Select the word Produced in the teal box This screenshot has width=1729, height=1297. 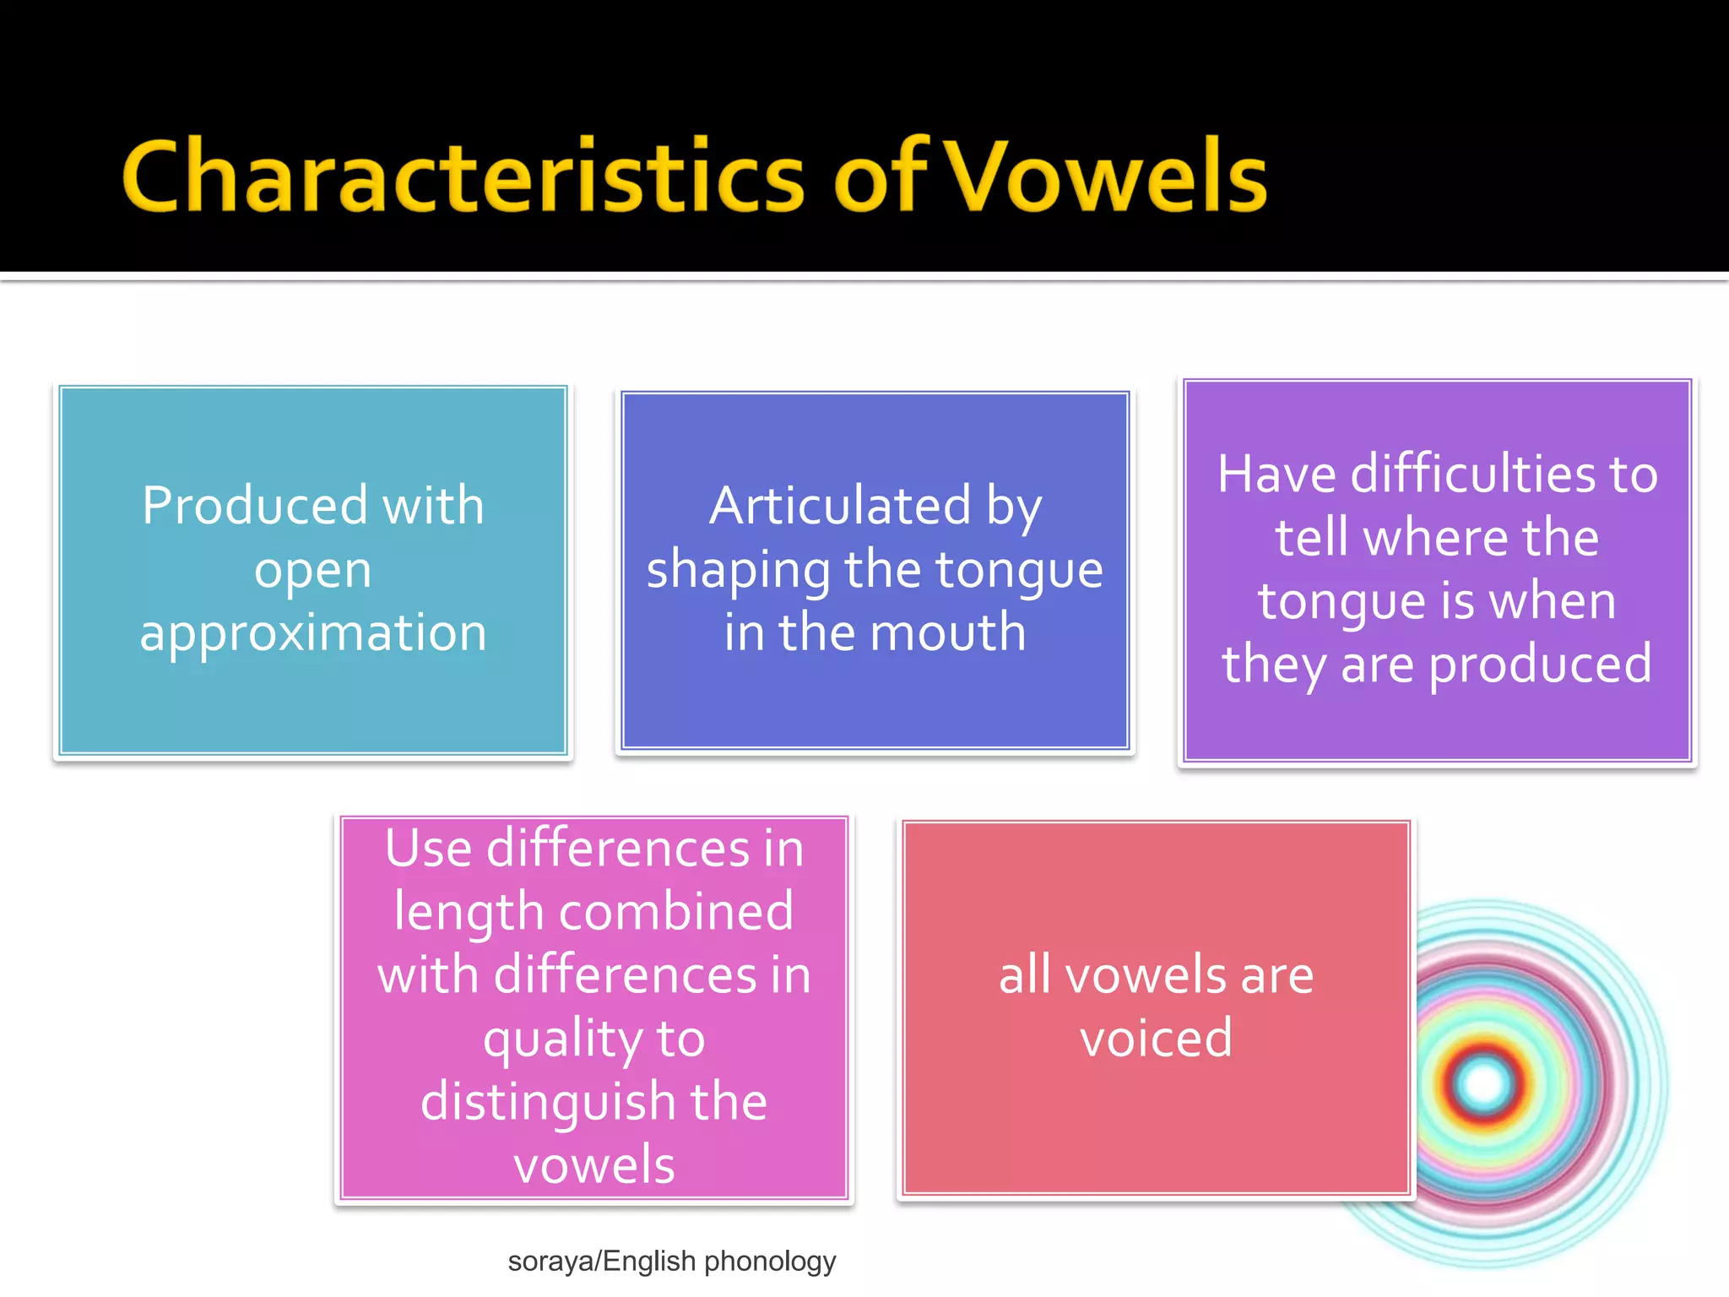coord(254,506)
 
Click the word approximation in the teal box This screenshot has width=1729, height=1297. coord(313,632)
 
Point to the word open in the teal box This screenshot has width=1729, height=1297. coord(313,571)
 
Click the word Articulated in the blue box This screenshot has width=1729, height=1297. coord(839,506)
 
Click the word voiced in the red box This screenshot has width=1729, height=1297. coord(1156,1038)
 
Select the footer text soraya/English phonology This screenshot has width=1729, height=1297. coord(671,1261)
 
